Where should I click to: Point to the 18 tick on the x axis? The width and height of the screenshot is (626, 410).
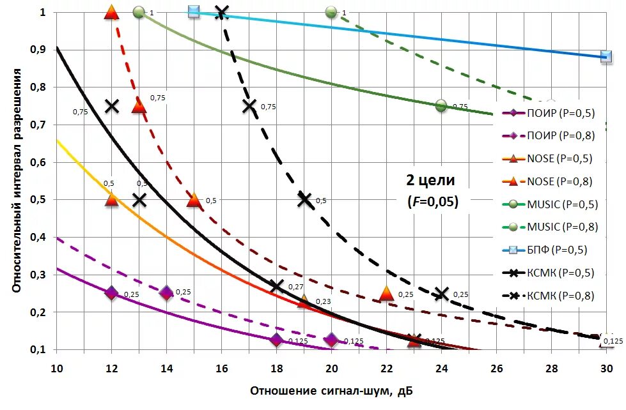pos(276,368)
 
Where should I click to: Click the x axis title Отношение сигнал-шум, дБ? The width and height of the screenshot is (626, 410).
pos(336,390)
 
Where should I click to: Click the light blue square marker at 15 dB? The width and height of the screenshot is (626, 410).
pos(194,11)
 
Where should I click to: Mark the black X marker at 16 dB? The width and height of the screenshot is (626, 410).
pos(222,11)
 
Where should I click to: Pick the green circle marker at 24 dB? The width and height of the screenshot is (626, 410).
pos(441,105)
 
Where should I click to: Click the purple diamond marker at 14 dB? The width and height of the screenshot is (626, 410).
pos(166,293)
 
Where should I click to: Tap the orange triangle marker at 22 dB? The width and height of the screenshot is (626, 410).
pos(386,293)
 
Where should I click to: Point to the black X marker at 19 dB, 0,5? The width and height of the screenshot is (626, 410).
pos(304,199)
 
